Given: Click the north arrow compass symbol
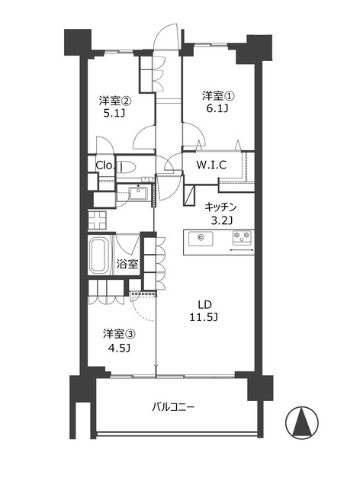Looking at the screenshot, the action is click(302, 422).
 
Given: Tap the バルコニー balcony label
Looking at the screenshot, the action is click(173, 407).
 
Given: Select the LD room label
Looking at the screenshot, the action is click(205, 304).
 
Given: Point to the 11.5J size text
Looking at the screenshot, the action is click(204, 317).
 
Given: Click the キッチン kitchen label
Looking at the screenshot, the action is click(220, 207).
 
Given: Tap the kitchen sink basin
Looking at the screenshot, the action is click(201, 239).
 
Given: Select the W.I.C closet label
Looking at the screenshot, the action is click(211, 165).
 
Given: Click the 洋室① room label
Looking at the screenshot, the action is click(217, 95).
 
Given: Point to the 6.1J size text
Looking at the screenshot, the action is click(217, 109).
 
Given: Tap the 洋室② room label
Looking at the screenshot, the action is click(115, 101).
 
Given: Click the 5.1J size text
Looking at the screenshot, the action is click(114, 114).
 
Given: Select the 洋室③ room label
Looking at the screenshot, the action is click(119, 335).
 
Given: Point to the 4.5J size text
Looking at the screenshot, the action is click(119, 348).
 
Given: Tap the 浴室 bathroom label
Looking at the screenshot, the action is click(127, 265).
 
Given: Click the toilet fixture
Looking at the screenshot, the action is click(127, 167).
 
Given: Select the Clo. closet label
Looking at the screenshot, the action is click(105, 165).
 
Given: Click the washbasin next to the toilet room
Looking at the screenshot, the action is click(138, 193).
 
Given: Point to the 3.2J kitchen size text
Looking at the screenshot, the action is click(220, 220).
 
